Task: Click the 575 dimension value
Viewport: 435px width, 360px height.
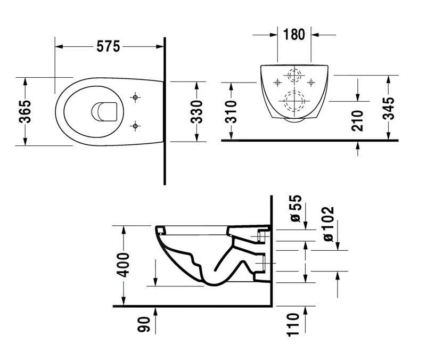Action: [x=108, y=47]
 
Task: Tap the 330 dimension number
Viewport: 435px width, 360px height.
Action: [x=196, y=111]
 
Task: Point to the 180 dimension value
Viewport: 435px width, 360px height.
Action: [x=294, y=35]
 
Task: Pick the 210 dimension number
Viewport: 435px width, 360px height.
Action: [x=357, y=120]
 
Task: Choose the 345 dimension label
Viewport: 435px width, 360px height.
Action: [x=389, y=108]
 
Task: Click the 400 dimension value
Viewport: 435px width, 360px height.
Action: [x=124, y=264]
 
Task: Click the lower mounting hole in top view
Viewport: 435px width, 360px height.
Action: [x=136, y=126]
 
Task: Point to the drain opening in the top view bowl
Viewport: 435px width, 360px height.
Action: [x=103, y=111]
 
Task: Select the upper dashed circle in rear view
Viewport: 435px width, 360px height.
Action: [x=294, y=75]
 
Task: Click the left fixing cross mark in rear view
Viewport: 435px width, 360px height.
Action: [x=277, y=82]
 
